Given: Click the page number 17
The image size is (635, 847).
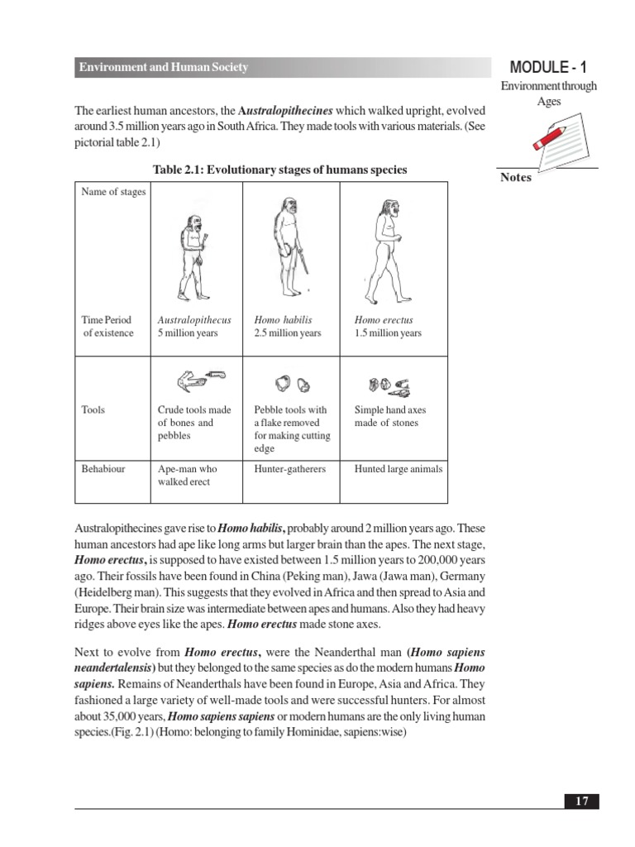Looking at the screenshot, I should (582, 801).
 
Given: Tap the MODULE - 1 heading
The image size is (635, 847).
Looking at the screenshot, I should (549, 68).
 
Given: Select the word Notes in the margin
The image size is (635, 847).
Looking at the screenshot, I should (516, 178).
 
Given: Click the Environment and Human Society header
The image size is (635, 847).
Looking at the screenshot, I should (163, 68).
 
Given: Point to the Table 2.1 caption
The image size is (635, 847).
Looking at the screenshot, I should (280, 170).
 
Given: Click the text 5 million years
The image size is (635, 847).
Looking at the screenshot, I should (188, 333).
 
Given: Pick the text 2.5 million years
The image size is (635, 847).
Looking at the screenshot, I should (288, 333).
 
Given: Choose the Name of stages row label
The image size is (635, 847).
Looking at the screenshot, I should (113, 192).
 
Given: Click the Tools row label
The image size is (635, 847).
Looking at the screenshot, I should (93, 409).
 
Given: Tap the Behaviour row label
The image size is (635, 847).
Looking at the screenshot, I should (103, 469).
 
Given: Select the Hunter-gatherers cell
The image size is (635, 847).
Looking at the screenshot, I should (290, 469).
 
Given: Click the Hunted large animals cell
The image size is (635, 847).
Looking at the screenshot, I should (399, 469).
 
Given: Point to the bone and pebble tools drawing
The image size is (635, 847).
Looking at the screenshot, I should (199, 380).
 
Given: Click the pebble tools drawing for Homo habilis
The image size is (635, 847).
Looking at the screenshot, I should (293, 383).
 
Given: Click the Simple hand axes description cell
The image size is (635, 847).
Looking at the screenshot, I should (390, 416).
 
